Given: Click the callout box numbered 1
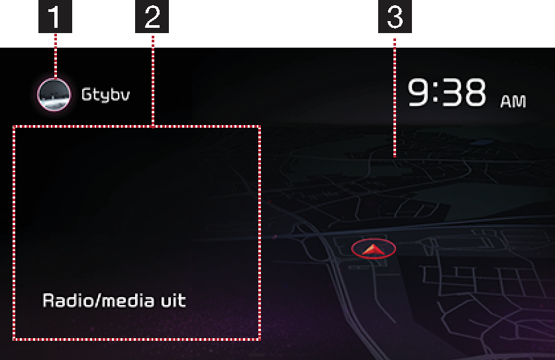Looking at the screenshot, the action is click(55, 17).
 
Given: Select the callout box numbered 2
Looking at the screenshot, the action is click(152, 17).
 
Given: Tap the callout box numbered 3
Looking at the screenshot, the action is click(395, 17).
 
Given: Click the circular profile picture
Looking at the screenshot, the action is click(54, 95).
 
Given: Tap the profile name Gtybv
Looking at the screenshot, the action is click(105, 95).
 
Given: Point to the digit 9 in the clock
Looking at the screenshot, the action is click(419, 92).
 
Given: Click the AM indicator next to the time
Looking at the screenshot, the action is click(513, 101).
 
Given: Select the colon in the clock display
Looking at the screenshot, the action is click(436, 93).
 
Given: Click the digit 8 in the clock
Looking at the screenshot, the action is click(474, 92).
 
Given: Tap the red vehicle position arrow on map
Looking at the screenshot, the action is click(373, 249).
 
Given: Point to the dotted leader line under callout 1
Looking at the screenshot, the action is click(56, 56).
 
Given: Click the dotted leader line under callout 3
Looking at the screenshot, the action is click(395, 97).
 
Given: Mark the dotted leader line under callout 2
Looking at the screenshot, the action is click(153, 80).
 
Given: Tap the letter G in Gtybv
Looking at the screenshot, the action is click(86, 95).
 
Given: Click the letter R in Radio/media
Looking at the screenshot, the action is click(48, 300).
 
